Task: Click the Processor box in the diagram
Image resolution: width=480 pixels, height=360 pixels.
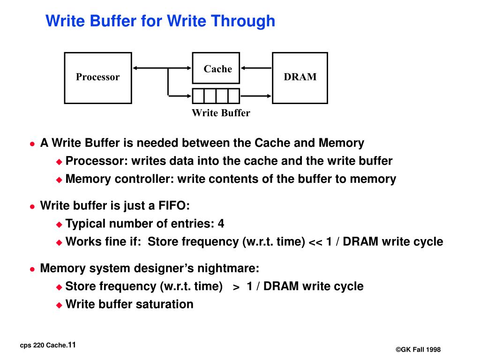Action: (97, 77)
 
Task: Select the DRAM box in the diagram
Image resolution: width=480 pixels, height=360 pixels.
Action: (300, 77)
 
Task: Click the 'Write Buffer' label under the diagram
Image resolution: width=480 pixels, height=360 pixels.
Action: (221, 113)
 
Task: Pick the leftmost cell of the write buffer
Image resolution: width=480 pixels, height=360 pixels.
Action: (199, 96)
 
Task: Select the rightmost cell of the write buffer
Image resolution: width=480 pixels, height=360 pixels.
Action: (233, 96)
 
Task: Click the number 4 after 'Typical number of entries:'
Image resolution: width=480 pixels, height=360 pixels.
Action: (221, 224)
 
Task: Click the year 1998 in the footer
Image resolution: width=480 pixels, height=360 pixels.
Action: (433, 350)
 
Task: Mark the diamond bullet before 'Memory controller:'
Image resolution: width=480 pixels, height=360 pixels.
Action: (59, 180)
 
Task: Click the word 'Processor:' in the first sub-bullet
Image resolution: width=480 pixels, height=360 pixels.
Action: (97, 161)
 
